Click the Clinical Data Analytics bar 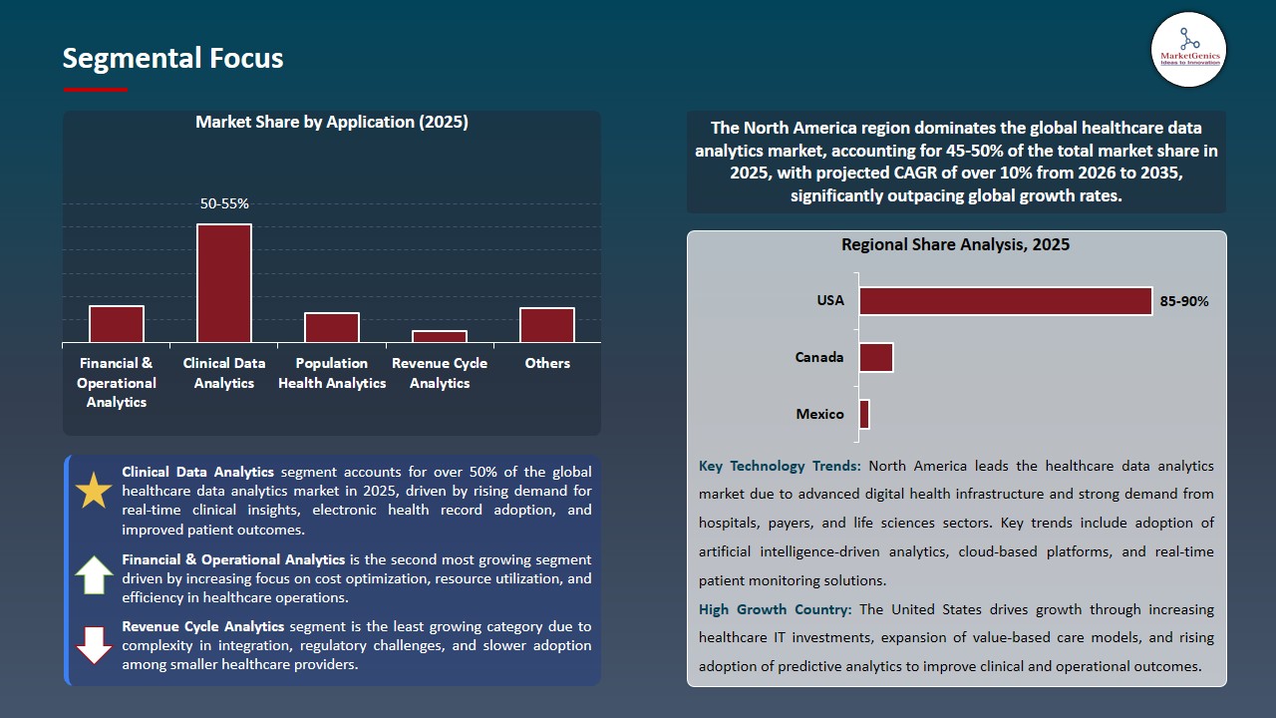coord(224,283)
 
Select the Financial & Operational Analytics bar coord(117,324)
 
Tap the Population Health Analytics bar coord(332,328)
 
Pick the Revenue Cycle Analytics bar coord(440,337)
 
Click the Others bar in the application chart coord(547,325)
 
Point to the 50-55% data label coord(224,203)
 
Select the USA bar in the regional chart coord(1005,301)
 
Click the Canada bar coord(876,357)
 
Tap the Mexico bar coord(864,415)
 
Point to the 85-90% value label coord(1184,301)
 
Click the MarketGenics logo coord(1188,49)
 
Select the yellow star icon coord(95,491)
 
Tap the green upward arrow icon coord(95,576)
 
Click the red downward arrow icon coord(95,644)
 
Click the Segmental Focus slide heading coord(172,58)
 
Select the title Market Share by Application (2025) coord(332,122)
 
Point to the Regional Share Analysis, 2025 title coord(955,244)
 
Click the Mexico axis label coord(819,414)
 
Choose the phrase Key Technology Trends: coord(782,466)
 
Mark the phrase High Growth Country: coord(776,609)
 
